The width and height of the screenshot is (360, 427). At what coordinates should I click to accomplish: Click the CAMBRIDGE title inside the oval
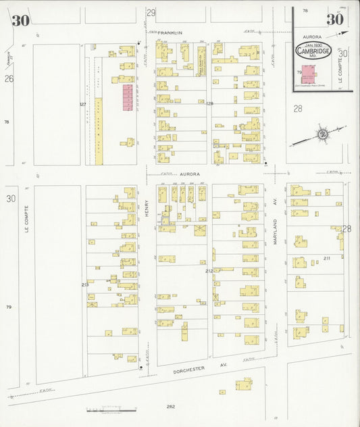point(313,51)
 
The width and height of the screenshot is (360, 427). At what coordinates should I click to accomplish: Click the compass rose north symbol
point(323,134)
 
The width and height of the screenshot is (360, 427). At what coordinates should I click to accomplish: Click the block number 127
point(82,104)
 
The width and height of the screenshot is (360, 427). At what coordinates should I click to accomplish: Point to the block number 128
point(209,103)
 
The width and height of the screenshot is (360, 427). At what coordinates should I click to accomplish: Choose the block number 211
point(327,258)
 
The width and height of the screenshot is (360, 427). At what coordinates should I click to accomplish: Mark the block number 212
point(209,271)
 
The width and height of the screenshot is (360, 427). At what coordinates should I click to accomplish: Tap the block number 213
point(84,284)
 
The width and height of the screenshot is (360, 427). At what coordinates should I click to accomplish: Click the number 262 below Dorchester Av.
point(171,407)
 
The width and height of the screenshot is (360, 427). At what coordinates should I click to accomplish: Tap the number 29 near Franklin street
point(151,13)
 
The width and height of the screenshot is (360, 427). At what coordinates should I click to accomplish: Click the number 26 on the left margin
point(9,78)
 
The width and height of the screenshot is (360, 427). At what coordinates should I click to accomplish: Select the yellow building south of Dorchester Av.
point(244,384)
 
